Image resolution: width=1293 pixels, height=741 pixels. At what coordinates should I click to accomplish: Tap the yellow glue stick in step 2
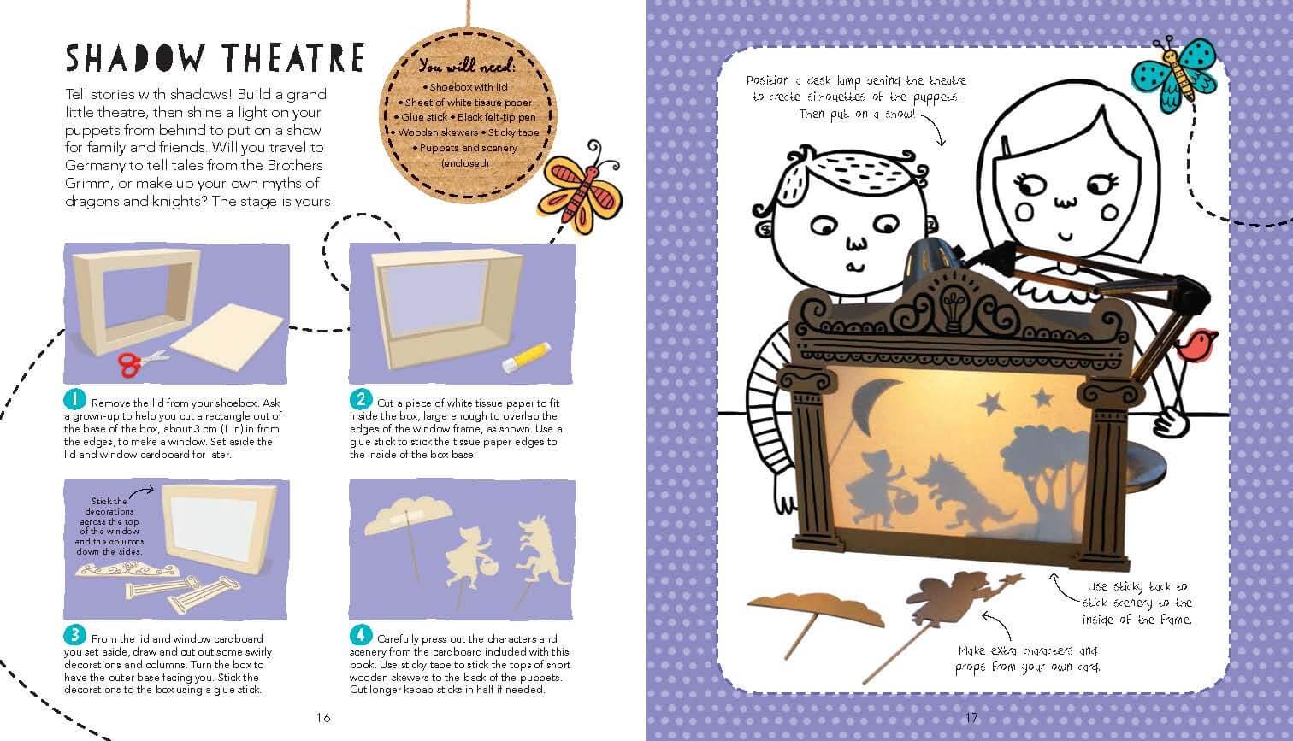pos(526,357)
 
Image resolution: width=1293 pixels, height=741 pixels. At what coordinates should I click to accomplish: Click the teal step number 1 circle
pos(74,399)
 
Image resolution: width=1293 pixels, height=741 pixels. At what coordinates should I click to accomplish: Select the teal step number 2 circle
pos(361,399)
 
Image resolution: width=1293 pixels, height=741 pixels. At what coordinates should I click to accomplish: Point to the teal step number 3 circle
pos(74,635)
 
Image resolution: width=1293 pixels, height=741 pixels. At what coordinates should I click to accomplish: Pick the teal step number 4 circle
pos(361,635)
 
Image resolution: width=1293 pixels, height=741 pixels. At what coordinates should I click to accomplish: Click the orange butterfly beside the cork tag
pos(580,191)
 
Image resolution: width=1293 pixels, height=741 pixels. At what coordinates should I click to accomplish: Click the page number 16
pos(323,717)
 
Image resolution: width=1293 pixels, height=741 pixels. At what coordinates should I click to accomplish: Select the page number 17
pos(971,717)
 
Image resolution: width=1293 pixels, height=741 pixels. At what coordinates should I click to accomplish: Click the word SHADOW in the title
pos(136,58)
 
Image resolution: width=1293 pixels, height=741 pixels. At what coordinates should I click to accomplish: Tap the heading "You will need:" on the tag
pos(467,66)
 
